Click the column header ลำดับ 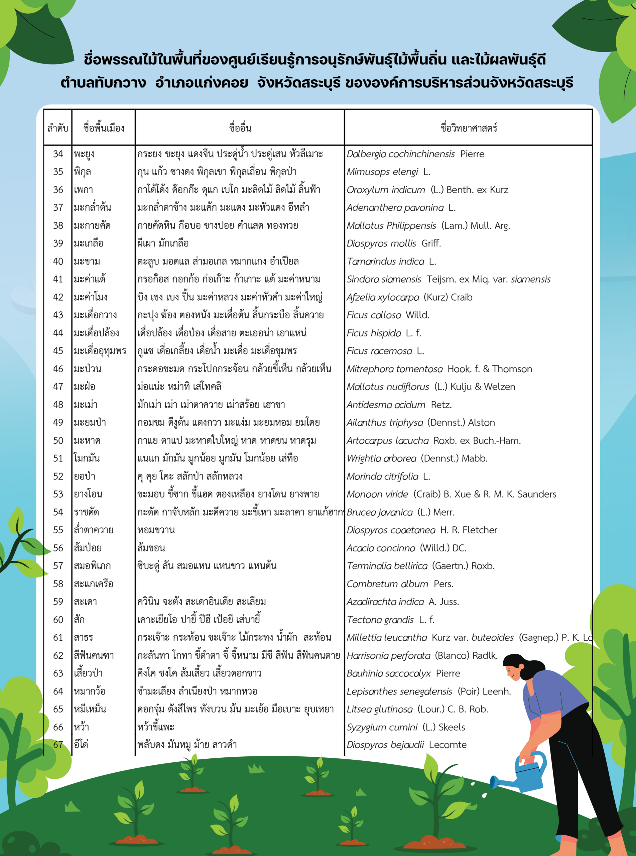(58, 128)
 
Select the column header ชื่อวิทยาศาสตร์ (469, 128)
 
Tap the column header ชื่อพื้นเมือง (104, 128)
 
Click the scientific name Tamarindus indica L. (391, 261)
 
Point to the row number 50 (58, 440)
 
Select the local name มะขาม (87, 261)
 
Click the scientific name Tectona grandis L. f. (390, 620)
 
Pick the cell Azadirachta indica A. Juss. (403, 602)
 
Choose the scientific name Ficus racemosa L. (385, 351)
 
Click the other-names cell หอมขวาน (156, 530)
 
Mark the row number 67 (58, 745)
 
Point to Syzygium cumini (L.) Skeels (406, 727)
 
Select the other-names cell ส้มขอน (151, 548)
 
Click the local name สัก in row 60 (79, 620)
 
